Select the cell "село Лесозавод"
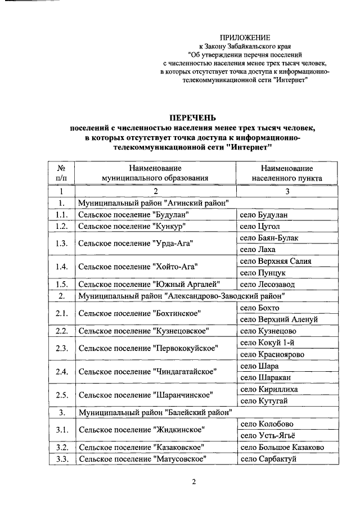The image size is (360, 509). tap(267, 285)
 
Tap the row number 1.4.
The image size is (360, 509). tap(62, 267)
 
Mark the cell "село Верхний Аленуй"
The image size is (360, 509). tap(278, 319)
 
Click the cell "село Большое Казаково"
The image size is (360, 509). tap(281, 448)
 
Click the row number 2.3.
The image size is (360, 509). tap(62, 349)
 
